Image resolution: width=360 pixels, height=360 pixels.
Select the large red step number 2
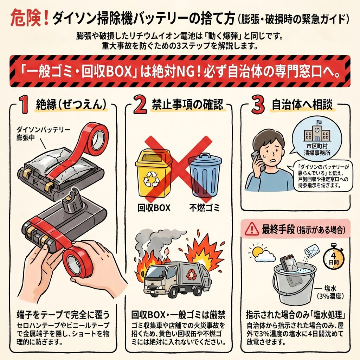pyautogui.click(x=140, y=104)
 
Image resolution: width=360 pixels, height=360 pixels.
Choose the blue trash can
pyautogui.click(x=205, y=174)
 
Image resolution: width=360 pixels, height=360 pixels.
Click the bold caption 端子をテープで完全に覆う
pyautogui.click(x=63, y=314)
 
